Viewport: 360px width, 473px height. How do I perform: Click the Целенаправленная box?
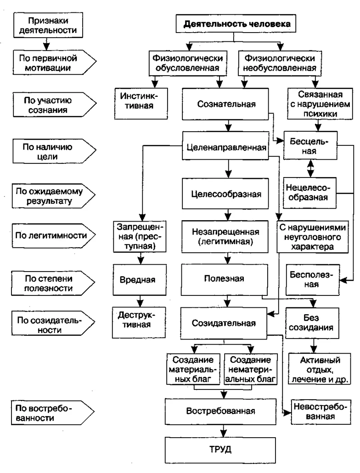226,148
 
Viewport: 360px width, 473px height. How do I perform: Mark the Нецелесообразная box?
308,192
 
